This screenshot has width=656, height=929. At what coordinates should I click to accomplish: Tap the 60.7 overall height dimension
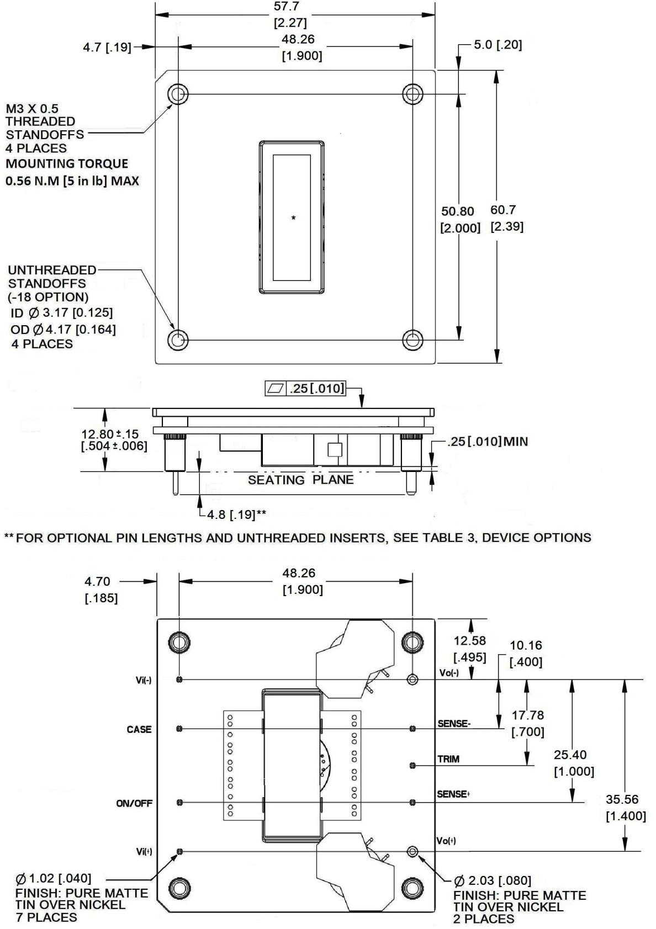pos(502,210)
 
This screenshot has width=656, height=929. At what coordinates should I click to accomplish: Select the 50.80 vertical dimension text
pos(457,211)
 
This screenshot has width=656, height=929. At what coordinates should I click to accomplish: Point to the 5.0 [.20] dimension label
pos(498,45)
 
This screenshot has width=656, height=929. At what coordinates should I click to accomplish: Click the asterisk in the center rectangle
pos(293,218)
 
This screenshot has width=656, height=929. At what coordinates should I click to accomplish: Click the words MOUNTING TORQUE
pos(67,164)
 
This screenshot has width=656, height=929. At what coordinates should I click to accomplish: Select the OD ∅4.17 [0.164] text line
pos(63,330)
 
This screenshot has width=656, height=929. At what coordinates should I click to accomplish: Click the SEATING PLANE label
pos(300,480)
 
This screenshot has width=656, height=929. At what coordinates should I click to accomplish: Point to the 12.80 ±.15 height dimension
pos(110,434)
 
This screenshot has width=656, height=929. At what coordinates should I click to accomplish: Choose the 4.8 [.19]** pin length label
pos(236,515)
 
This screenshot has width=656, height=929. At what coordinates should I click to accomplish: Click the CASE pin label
pos(139,730)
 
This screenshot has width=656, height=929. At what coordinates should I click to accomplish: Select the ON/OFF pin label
pos(134,803)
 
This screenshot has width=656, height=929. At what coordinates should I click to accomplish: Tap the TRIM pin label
pos(448,760)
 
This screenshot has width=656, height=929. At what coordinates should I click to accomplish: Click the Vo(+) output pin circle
pos(412,852)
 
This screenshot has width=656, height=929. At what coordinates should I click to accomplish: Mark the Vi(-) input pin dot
pos(179,680)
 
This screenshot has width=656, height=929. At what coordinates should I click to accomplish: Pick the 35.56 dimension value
pos(622,799)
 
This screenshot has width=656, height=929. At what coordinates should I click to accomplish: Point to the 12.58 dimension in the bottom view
pos(469,641)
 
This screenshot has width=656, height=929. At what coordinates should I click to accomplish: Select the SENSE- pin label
pos(454,724)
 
